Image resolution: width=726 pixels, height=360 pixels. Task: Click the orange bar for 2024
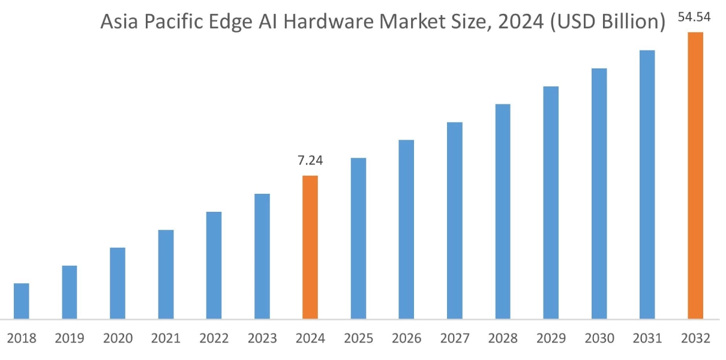click(x=310, y=247)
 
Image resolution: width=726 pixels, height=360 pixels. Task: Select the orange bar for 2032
click(x=695, y=175)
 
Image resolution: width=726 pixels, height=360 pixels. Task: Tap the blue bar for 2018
click(x=22, y=301)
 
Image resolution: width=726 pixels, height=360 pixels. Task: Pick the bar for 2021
click(x=166, y=274)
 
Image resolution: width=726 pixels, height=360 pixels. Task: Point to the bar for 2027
click(x=454, y=220)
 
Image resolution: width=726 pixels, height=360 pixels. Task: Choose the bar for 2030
click(x=599, y=193)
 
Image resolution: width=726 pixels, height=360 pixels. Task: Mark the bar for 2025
click(x=358, y=238)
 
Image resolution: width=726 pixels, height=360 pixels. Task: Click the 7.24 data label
click(x=310, y=161)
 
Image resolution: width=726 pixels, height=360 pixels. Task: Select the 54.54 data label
click(x=694, y=17)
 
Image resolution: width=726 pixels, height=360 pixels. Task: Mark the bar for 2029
click(x=551, y=202)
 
